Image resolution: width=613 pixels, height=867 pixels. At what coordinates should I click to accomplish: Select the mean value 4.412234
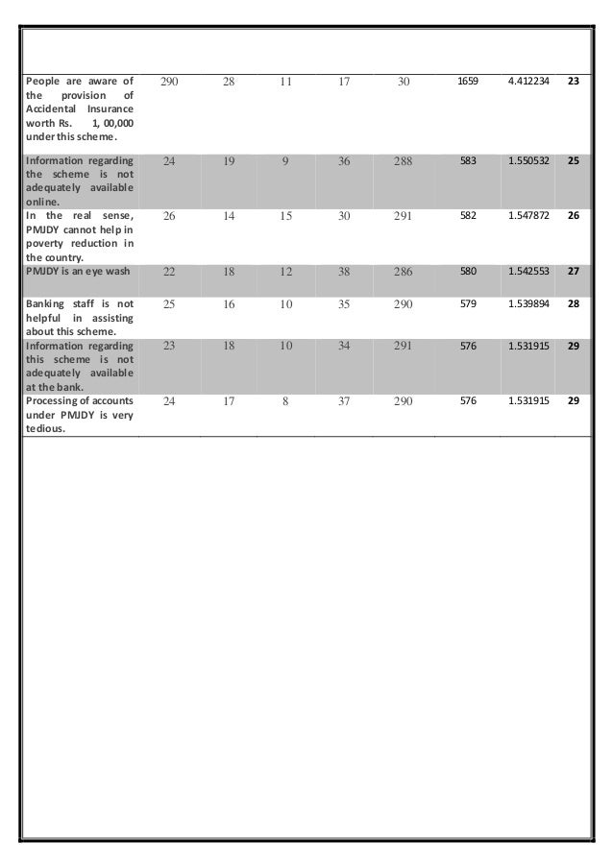pyautogui.click(x=527, y=83)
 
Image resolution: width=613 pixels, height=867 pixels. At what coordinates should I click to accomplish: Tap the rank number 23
pyautogui.click(x=574, y=83)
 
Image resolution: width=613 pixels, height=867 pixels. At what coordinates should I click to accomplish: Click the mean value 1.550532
pyautogui.click(x=527, y=162)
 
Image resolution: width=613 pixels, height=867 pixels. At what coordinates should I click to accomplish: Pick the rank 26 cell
pyautogui.click(x=574, y=216)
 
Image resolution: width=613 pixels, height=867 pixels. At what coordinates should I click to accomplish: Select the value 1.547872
pyautogui.click(x=527, y=216)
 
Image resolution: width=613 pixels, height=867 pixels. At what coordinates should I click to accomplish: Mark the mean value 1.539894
pyautogui.click(x=527, y=304)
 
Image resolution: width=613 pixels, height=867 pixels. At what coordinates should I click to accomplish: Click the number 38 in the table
pyautogui.click(x=344, y=272)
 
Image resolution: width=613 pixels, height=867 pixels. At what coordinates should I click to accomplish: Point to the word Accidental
pyautogui.click(x=54, y=112)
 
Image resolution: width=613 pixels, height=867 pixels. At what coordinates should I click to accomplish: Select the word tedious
pyautogui.click(x=44, y=429)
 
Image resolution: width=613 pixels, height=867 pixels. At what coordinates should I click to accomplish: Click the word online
pyautogui.click(x=42, y=203)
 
